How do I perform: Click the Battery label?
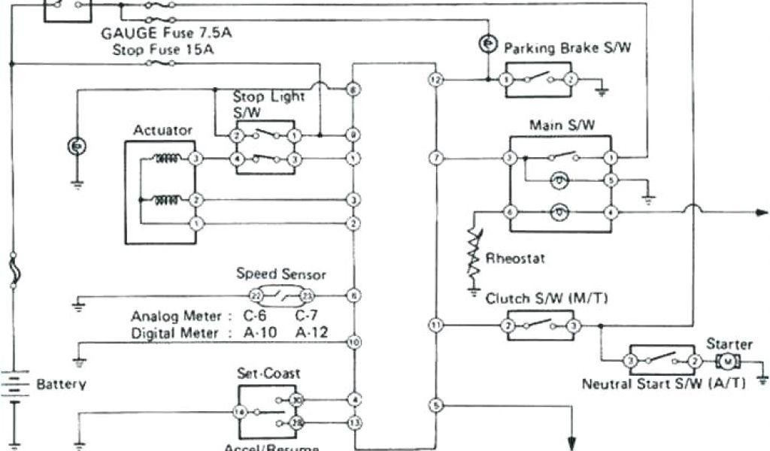tap(61, 384)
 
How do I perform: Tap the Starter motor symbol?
tap(727, 362)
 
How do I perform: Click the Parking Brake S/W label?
tap(567, 48)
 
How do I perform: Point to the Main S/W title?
tap(562, 125)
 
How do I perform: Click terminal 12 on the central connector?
tap(435, 79)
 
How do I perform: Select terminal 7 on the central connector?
tap(435, 158)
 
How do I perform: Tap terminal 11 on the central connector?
tap(435, 325)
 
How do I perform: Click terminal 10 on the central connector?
tap(353, 342)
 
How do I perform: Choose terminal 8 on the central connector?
tap(353, 90)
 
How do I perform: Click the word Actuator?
tap(162, 131)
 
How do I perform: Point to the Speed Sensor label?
tap(281, 274)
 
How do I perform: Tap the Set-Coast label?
tap(268, 374)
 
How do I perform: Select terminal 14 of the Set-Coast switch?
tap(239, 412)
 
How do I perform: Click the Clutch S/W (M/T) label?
tap(547, 299)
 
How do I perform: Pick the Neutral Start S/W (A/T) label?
tap(664, 383)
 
